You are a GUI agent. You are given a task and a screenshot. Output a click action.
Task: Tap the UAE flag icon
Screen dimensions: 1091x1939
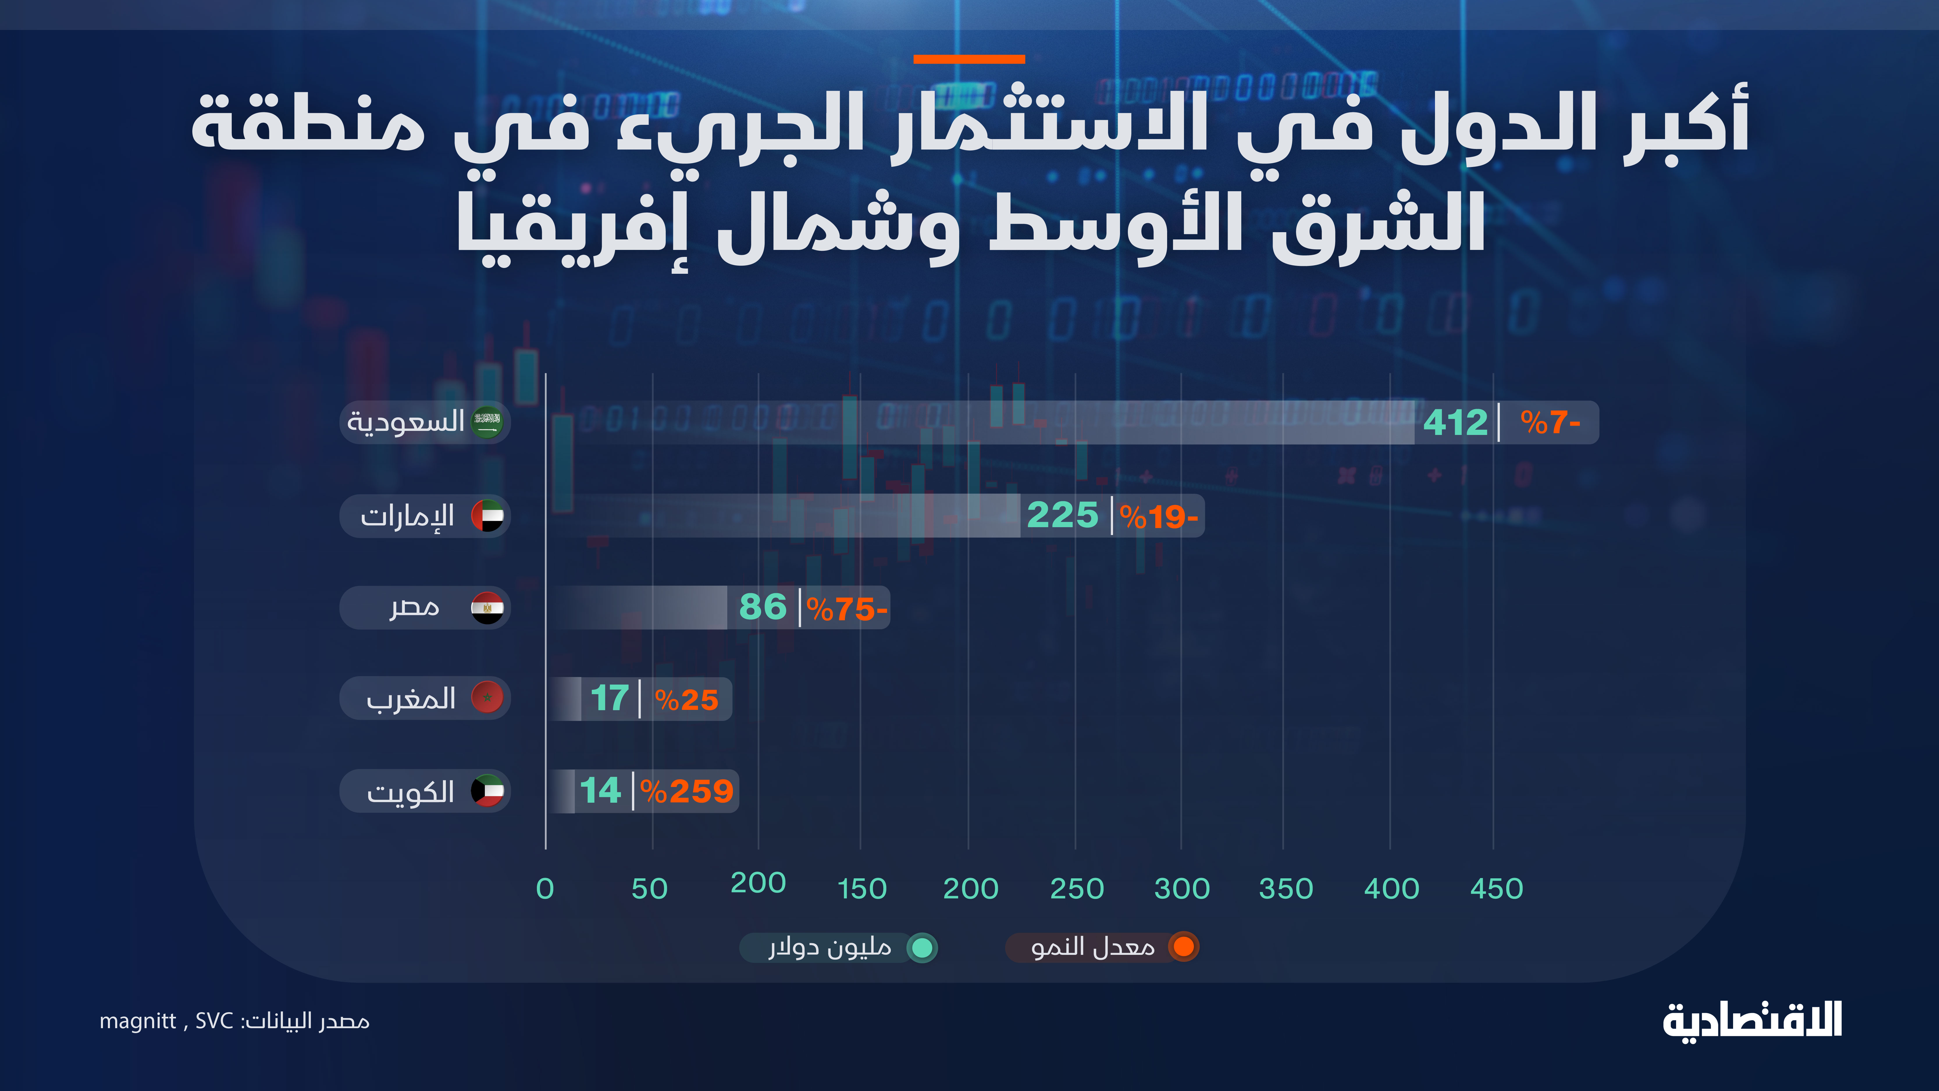coord(487,516)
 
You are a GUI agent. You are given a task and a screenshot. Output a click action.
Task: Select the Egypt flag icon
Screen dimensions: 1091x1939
coord(487,608)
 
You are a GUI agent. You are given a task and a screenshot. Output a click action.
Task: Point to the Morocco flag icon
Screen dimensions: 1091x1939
coord(487,698)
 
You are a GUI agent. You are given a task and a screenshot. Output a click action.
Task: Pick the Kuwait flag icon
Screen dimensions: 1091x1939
coord(487,790)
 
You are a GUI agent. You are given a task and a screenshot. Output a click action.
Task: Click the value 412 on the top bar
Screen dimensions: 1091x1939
coord(1455,422)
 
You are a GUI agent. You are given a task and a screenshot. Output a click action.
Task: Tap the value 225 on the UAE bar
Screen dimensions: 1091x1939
coord(1062,516)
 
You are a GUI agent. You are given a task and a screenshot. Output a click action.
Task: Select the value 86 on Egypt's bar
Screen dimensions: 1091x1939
coord(763,607)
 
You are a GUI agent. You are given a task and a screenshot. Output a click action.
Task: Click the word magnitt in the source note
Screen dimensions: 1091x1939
coord(138,1021)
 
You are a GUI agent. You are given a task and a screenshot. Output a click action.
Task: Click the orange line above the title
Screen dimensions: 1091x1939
coord(969,59)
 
